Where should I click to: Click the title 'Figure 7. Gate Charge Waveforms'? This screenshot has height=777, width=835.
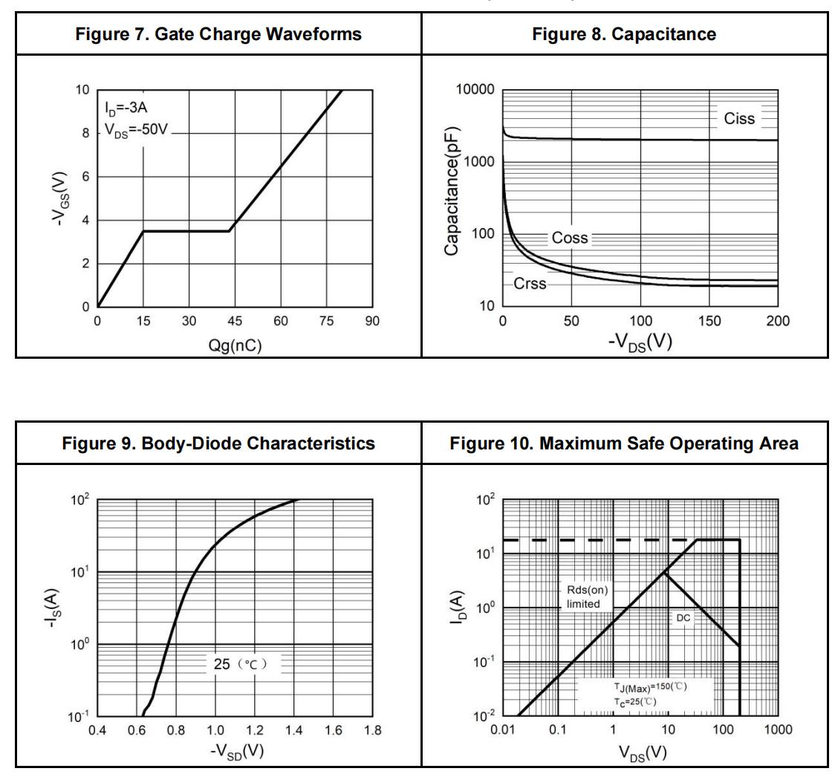click(218, 34)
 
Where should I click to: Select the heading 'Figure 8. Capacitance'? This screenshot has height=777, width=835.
click(624, 34)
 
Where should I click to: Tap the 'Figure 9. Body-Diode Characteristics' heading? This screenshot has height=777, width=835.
click(218, 443)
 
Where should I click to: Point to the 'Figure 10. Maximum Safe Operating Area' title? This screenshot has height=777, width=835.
click(624, 443)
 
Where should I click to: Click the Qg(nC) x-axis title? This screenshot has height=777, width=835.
click(235, 345)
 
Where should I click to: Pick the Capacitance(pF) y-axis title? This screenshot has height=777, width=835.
click(452, 192)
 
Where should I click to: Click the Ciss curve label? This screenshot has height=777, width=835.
click(738, 119)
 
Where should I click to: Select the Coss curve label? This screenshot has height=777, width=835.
click(570, 238)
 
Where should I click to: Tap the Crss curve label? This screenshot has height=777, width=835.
click(530, 284)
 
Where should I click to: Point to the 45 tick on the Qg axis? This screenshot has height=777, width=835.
click(235, 322)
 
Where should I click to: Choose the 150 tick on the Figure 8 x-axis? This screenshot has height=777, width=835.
click(709, 322)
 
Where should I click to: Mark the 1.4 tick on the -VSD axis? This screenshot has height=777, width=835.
click(293, 731)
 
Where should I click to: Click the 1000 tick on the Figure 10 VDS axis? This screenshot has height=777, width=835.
click(778, 730)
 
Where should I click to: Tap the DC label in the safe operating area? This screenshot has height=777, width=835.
click(683, 618)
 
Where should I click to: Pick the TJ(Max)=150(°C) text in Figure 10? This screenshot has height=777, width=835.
click(643, 686)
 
